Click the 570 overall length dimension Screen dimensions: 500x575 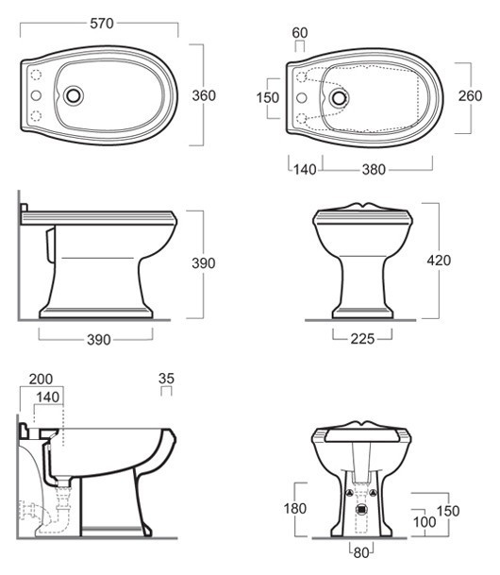(102, 24)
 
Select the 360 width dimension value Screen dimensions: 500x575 (204, 95)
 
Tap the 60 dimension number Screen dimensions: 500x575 (300, 33)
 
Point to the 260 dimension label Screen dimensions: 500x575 (471, 96)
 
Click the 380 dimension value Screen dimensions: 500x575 (374, 169)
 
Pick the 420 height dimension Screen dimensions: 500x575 (439, 261)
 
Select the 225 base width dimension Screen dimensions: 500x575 (362, 339)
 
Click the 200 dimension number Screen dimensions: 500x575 (41, 380)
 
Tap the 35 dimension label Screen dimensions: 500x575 (166, 379)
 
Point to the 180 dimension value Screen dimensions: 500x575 (295, 509)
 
